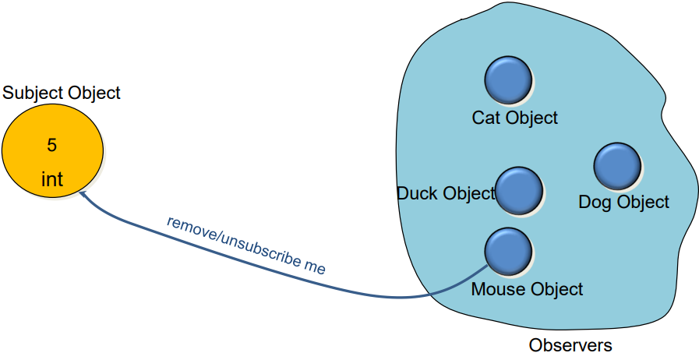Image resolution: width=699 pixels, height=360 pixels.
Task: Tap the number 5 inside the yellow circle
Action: click(52, 145)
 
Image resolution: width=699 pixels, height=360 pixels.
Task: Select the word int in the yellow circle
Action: click(52, 180)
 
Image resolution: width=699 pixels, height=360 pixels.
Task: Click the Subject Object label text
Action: click(62, 93)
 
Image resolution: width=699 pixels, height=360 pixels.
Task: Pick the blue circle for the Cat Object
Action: click(508, 79)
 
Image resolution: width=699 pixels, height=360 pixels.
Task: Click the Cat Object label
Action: click(515, 118)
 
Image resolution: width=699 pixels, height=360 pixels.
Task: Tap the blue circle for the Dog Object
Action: click(617, 165)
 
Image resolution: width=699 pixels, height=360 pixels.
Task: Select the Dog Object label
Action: click(623, 203)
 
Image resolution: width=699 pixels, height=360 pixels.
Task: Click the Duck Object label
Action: click(446, 193)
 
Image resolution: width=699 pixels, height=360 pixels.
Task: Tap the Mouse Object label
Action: click(527, 289)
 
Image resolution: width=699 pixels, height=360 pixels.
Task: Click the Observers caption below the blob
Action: click(570, 344)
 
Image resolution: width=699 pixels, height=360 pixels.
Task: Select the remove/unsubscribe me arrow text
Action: click(245, 243)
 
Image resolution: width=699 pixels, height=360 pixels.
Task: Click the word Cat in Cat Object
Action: click(487, 118)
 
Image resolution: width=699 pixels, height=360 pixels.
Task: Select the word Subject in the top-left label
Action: click(31, 93)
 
